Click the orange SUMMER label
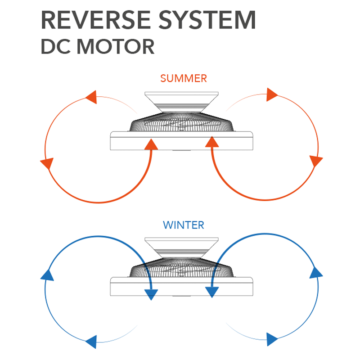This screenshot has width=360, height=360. (184, 78)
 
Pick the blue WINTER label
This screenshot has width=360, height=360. (184, 224)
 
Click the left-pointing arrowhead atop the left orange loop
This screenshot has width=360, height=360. (91, 97)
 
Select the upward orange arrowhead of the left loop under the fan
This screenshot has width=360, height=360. (152, 144)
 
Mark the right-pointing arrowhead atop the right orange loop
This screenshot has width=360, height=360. (272, 94)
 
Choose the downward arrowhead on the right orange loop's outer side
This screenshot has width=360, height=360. (316, 161)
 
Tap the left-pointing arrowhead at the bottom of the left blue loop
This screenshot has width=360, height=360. (91, 341)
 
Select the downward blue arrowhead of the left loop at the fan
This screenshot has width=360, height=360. (152, 294)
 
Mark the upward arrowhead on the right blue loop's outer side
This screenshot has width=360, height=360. (316, 272)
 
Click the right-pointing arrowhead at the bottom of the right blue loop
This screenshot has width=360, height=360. (272, 339)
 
